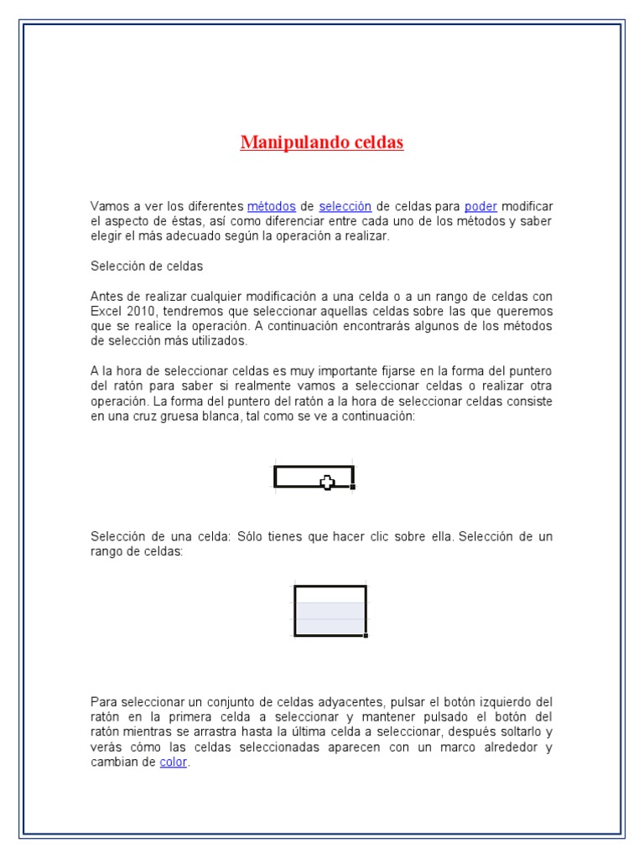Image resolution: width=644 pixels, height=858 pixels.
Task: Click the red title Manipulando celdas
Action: pos(322,142)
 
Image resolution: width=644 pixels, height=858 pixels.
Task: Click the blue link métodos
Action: pos(272,206)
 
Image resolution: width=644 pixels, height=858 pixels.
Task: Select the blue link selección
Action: pos(345,206)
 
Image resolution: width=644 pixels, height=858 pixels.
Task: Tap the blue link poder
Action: pos(480,206)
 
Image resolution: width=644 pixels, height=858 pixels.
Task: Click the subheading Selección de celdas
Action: pos(147,266)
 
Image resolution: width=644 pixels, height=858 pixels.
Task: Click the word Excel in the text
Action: pos(106,311)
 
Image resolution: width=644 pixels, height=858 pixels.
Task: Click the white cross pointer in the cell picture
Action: pos(327,482)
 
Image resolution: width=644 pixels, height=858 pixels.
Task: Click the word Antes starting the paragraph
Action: pos(106,297)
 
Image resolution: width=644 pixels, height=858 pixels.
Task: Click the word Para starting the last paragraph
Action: pos(103,701)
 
